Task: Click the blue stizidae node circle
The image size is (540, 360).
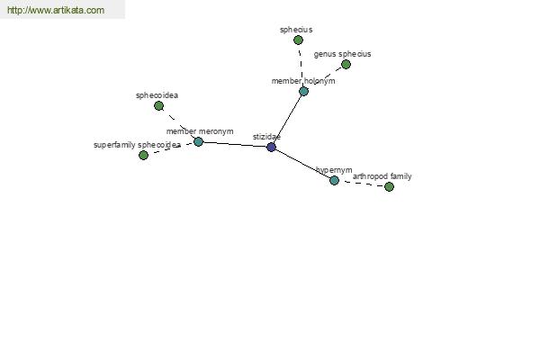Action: [x=272, y=147]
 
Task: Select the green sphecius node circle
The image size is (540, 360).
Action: [x=298, y=40]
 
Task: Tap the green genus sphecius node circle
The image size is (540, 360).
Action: [x=346, y=65]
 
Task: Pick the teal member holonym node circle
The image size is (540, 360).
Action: [x=304, y=91]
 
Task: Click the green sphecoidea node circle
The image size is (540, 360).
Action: [x=158, y=106]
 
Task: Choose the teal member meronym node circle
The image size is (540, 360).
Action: [x=198, y=141]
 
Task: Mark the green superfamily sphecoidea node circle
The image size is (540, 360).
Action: [x=144, y=156]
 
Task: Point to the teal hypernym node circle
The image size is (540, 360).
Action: [x=334, y=180]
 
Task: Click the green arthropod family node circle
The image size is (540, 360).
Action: [x=389, y=186]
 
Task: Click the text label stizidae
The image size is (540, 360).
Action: [x=266, y=137]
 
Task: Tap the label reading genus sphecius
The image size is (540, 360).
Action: [x=342, y=54]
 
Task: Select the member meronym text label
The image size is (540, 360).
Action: [x=200, y=131]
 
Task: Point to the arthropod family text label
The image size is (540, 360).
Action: [x=382, y=176]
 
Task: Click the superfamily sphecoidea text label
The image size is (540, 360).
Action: [x=137, y=145]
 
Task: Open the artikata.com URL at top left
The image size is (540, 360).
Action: [x=56, y=10]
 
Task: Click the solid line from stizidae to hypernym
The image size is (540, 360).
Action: [x=302, y=164]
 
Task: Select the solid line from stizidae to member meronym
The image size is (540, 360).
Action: [x=235, y=144]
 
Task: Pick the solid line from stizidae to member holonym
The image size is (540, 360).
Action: [x=288, y=119]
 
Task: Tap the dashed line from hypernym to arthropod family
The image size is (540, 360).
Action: [x=362, y=184]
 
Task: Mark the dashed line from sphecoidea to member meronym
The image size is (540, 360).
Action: [x=178, y=123]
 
